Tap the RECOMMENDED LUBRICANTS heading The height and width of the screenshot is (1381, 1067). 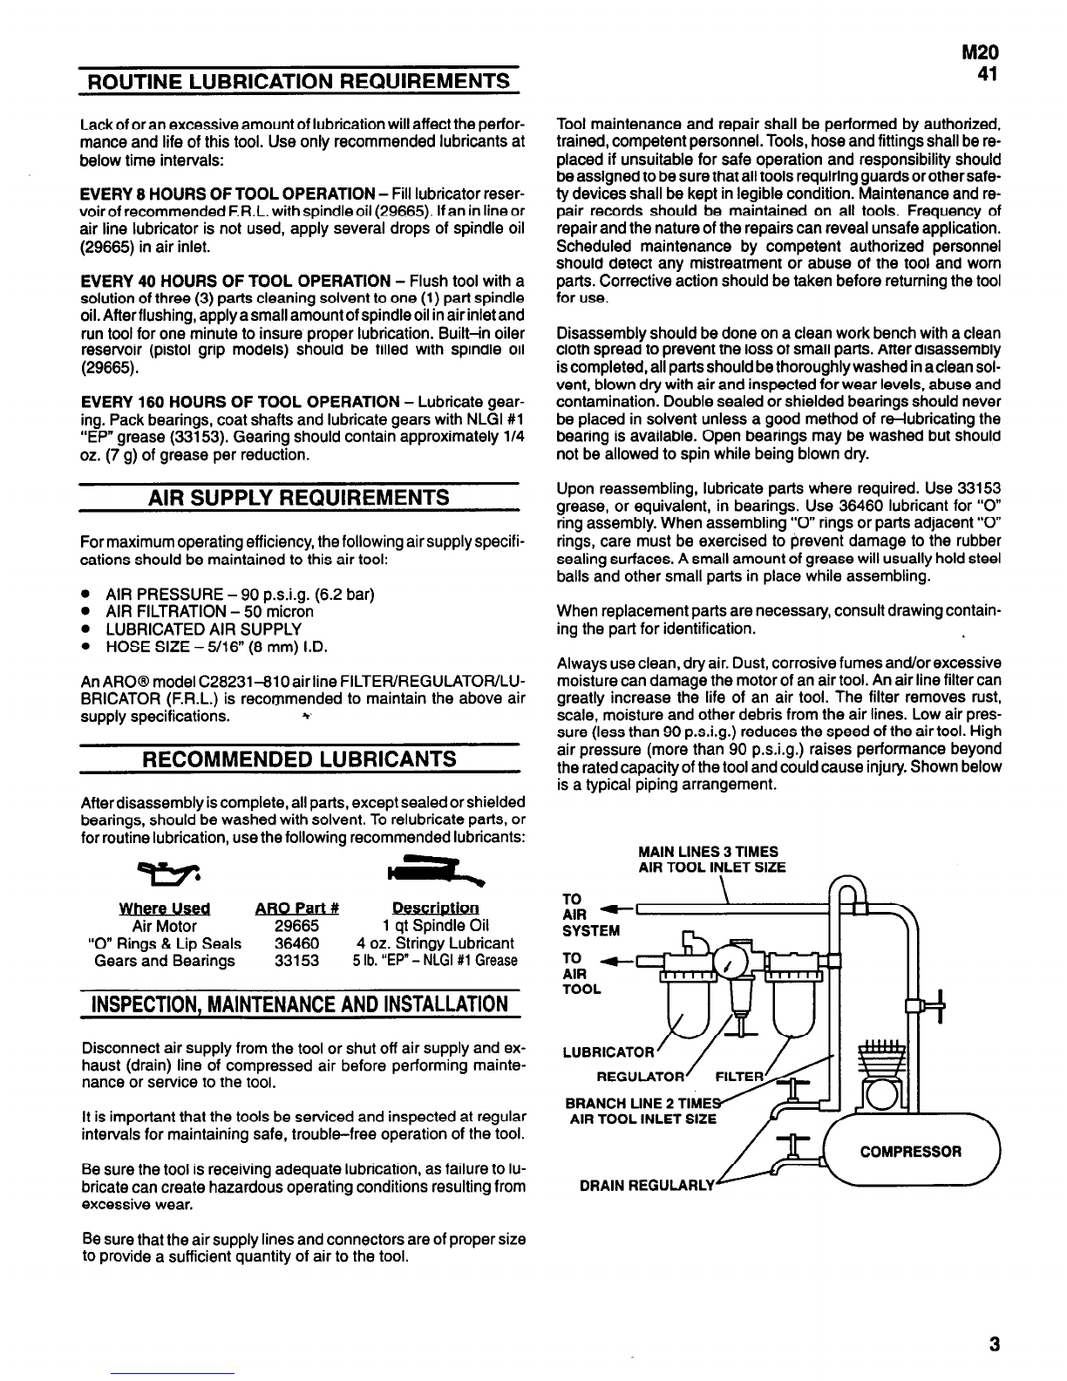pyautogui.click(x=299, y=758)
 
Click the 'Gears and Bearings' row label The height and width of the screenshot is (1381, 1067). pyautogui.click(x=165, y=961)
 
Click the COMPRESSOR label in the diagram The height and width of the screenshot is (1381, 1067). pyautogui.click(x=911, y=1152)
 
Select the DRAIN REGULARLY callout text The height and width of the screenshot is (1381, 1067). pyautogui.click(x=647, y=1185)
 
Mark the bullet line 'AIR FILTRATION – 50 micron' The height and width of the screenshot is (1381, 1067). pyautogui.click(x=209, y=612)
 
